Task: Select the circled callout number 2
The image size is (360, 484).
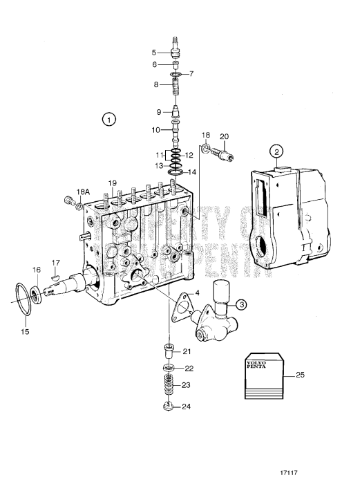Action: coord(276,152)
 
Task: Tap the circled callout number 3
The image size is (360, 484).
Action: coord(240,304)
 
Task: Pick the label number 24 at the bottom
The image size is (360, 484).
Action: coord(186,407)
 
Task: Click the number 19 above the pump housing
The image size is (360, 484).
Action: coord(111,183)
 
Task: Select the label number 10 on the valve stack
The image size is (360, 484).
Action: coord(155,130)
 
